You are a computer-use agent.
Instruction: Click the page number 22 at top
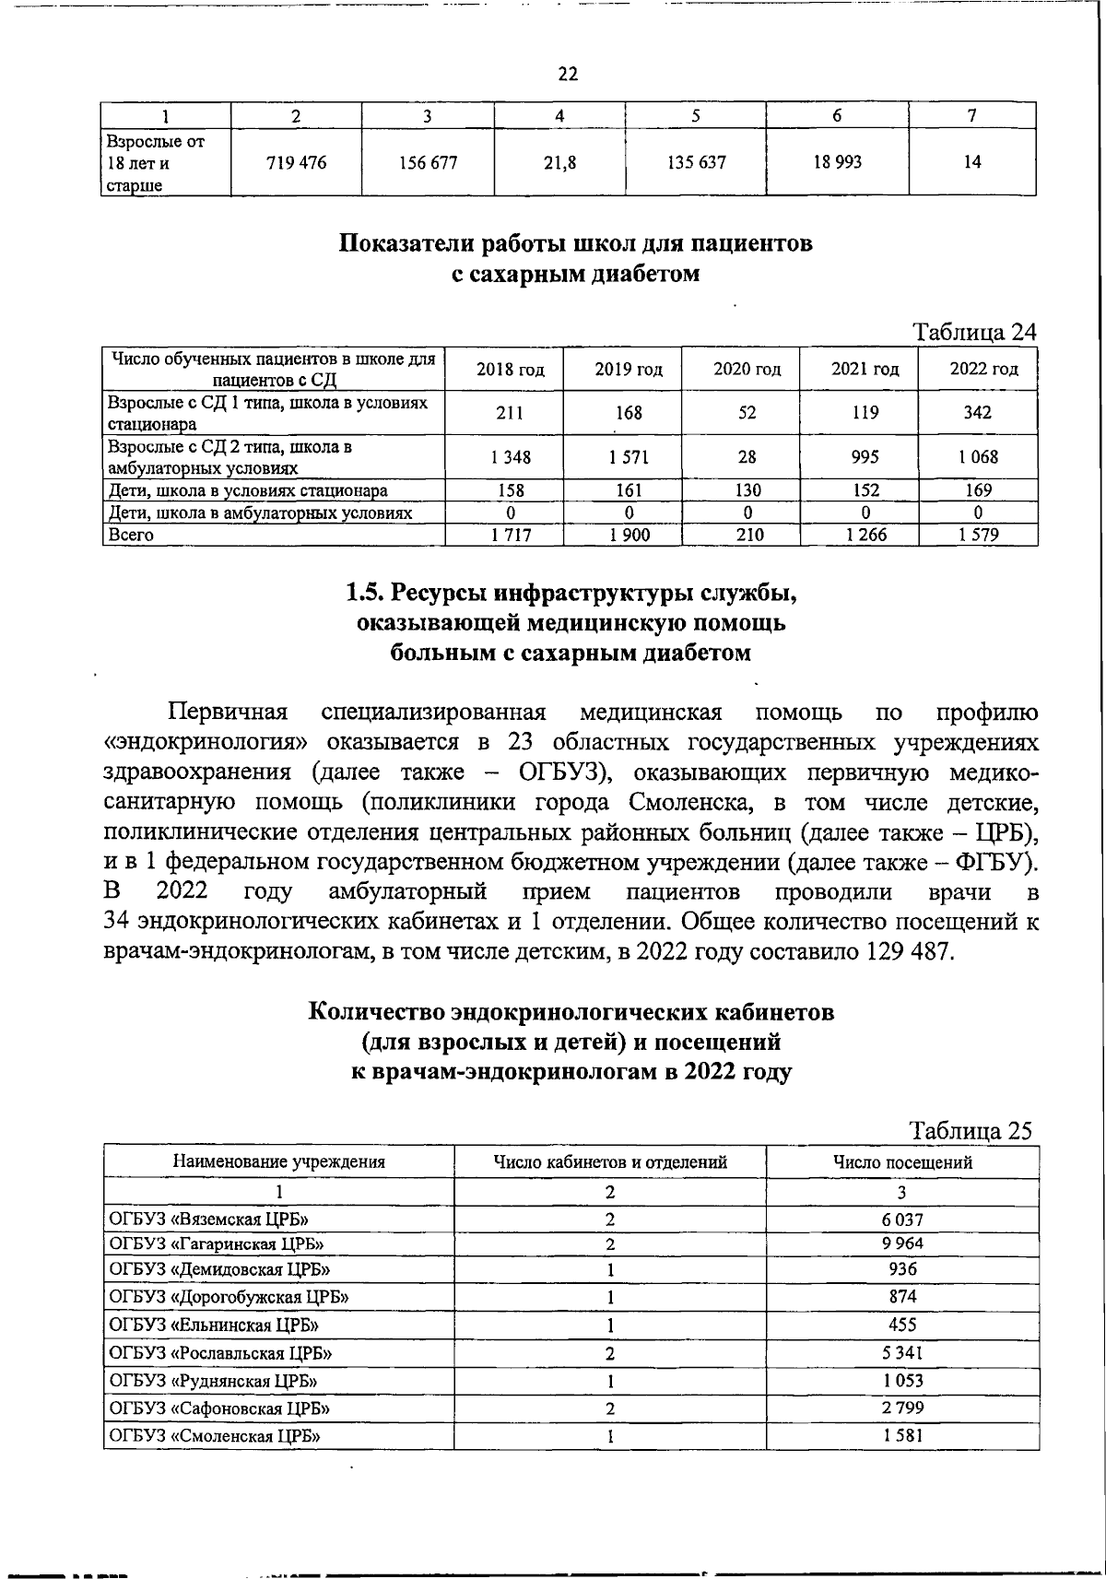click(568, 75)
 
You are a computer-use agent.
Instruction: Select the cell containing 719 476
click(296, 162)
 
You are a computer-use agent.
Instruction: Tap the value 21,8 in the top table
click(559, 163)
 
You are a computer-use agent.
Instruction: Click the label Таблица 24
click(974, 332)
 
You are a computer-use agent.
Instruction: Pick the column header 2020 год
click(747, 370)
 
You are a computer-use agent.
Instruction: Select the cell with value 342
click(977, 413)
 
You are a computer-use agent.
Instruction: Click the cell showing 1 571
click(629, 456)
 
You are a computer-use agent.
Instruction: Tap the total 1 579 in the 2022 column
click(977, 535)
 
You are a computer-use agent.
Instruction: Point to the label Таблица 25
click(971, 1130)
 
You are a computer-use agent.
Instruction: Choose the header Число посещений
click(902, 1162)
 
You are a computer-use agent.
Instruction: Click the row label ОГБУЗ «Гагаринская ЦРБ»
click(217, 1243)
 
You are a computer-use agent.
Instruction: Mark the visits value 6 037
click(902, 1219)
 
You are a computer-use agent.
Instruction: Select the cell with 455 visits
click(902, 1325)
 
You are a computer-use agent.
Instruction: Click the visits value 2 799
click(902, 1408)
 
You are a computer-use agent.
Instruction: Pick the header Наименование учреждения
click(279, 1162)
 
